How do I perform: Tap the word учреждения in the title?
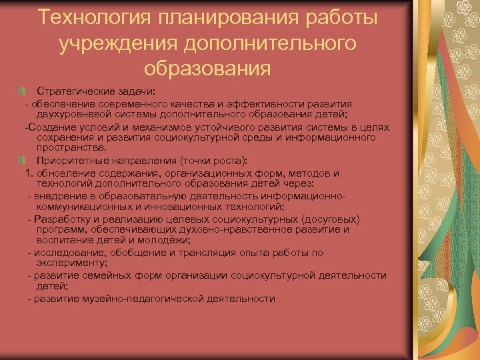[x=115, y=44]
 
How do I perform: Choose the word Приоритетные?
[x=70, y=161]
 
